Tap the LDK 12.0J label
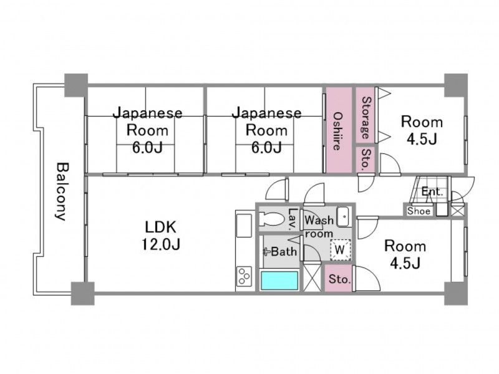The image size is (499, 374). pos(161,236)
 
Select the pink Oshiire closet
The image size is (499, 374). pos(339,130)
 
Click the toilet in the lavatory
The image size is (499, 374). pos(272,219)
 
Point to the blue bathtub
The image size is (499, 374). pos(279,280)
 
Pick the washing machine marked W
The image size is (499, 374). pos(340,250)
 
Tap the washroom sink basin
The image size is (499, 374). pos(344,216)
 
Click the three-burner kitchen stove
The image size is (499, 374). pos(245,276)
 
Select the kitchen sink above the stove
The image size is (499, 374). pos(244,226)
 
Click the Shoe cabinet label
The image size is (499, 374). pos(419,211)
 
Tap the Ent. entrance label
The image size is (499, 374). pos(432,192)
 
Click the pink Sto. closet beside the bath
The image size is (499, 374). pos(339,278)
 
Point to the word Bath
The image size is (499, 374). pos(284,252)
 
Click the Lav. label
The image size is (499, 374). pos(292,219)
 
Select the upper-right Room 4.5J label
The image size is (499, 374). pos(422,130)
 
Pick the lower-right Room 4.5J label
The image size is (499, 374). pos(405,254)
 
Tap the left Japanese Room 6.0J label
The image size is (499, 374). pos(148,130)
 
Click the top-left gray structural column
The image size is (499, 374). pos(76,85)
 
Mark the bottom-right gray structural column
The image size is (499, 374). pos(456,293)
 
